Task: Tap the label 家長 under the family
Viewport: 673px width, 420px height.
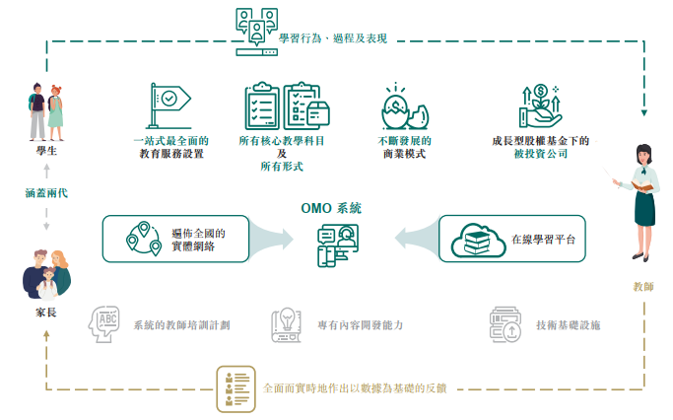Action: point(46,314)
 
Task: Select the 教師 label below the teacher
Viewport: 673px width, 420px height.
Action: point(642,287)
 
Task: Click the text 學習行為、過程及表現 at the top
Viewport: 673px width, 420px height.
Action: point(332,38)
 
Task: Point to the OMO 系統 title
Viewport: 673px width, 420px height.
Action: point(331,208)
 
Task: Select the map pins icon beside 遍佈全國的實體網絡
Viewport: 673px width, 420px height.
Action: point(144,240)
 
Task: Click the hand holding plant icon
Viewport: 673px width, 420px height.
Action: point(539,105)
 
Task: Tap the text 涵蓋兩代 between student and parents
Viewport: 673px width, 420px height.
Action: point(46,193)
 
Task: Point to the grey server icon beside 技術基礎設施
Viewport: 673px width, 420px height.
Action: point(506,323)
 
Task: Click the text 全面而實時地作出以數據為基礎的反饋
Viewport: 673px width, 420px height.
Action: point(355,387)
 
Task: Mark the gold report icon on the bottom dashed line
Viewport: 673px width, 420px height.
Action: point(236,386)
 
